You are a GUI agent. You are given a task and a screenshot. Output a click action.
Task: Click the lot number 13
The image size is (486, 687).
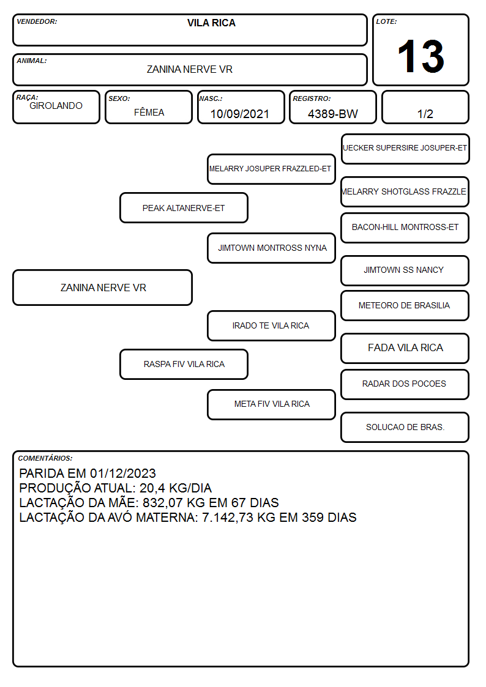coord(421,56)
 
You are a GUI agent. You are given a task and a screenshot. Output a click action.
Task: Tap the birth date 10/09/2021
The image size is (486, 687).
coord(240,114)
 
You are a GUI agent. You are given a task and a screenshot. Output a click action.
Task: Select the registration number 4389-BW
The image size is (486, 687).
coord(332,114)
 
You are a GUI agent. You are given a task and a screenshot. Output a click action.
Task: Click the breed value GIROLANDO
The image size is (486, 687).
coord(56,106)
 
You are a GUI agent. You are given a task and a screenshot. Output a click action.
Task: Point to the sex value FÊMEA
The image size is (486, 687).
coord(149,112)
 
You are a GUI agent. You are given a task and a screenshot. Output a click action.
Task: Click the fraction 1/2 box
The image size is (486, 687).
coord(425,107)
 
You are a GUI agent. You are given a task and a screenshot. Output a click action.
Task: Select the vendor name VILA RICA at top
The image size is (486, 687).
coord(211,23)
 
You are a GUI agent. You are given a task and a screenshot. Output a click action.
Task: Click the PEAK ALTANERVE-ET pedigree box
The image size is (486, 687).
coord(184,207)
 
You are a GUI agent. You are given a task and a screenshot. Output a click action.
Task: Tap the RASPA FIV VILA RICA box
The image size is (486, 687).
coord(184,364)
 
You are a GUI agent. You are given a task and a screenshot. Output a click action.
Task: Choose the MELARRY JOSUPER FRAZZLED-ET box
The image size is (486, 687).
coord(271,169)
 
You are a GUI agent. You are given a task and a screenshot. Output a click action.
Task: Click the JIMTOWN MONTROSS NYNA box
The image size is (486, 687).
coord(271,248)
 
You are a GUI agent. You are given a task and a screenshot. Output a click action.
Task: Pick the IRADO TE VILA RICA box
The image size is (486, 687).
coord(271,325)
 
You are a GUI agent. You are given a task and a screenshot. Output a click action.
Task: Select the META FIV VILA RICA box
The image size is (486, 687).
coord(271,404)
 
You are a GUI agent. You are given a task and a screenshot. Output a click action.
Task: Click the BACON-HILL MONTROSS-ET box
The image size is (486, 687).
coord(405,228)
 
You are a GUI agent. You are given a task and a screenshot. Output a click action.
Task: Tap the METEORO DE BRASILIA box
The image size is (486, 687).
coord(405,305)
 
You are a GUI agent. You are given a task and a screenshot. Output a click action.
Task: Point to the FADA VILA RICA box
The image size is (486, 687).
coord(405,348)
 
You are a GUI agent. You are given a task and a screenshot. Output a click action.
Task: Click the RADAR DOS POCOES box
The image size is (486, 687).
coord(405,384)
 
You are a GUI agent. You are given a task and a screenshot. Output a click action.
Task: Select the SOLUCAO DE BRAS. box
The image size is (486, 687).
coord(405,427)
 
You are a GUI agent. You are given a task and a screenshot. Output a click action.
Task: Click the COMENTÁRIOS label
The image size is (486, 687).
coord(45,458)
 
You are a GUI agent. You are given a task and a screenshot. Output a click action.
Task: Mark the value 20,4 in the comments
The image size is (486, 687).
coord(152,488)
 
